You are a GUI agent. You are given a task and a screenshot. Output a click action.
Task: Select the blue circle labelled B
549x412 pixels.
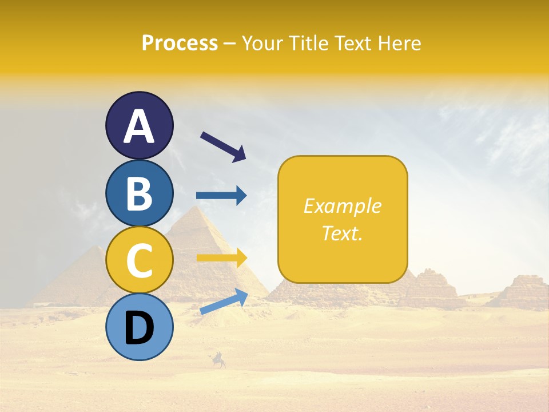(139, 193)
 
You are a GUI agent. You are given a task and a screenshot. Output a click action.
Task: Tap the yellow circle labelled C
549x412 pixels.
(139, 260)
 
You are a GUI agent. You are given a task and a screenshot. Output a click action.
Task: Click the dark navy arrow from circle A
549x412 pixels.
(223, 145)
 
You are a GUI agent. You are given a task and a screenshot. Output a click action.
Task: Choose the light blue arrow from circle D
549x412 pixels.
(224, 302)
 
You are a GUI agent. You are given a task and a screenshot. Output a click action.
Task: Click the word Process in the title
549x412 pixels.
(180, 43)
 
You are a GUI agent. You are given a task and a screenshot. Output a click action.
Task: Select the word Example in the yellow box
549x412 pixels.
(342, 206)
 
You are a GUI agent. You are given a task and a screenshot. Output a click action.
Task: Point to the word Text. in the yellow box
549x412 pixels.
(342, 233)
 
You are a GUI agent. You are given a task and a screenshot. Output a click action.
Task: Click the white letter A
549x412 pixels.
(139, 126)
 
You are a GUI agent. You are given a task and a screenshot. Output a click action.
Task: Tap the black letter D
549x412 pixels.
(139, 328)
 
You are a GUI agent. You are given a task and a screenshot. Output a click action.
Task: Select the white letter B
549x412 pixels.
(139, 193)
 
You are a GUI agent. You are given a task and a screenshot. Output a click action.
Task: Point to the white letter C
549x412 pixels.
(139, 260)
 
